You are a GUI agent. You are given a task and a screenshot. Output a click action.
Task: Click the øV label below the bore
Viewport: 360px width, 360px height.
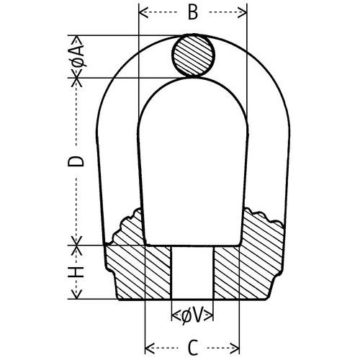192,315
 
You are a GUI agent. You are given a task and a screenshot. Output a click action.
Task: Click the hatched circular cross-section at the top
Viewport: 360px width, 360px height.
193,56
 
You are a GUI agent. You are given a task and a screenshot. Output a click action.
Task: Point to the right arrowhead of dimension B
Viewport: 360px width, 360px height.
243,13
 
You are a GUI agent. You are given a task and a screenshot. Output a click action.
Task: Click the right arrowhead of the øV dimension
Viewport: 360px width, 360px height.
211,315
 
